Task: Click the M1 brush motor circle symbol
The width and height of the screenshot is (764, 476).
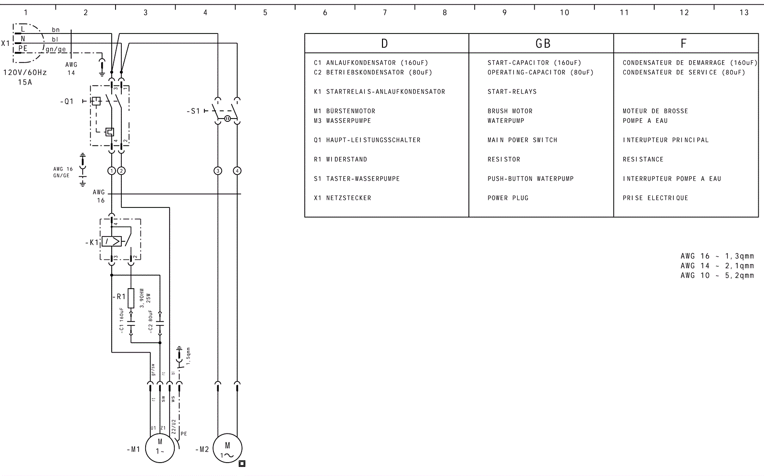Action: coord(160,448)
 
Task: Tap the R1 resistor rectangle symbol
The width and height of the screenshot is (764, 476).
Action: coord(131,297)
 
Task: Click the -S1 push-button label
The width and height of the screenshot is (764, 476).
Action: coord(193,111)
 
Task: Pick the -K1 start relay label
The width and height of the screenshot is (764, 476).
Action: coord(92,242)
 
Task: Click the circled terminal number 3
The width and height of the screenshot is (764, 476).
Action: coord(218,171)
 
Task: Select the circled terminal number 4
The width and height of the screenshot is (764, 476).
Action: coord(237,171)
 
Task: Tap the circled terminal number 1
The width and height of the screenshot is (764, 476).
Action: coord(112,171)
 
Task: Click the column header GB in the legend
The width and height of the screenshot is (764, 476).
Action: coord(543,44)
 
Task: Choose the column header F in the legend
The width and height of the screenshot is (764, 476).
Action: coord(683,44)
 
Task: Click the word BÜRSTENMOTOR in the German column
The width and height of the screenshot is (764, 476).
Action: coord(350,111)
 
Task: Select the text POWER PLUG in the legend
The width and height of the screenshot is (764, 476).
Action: coord(508,198)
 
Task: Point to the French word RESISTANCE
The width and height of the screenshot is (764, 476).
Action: coord(643,159)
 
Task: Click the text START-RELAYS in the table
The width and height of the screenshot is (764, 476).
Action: coord(512,92)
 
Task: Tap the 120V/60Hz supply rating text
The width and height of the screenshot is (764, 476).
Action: coord(25,73)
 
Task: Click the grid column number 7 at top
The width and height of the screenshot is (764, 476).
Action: coord(385,13)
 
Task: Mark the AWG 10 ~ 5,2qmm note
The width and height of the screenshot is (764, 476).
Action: coord(717,275)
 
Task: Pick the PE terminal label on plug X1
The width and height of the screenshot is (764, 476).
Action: coord(22,48)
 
